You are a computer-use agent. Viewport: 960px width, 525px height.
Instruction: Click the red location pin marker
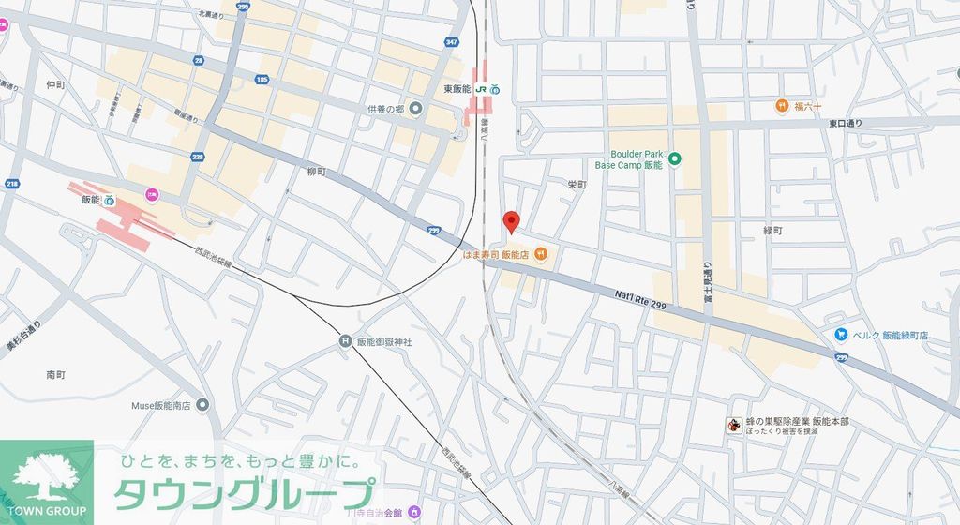[x=511, y=222]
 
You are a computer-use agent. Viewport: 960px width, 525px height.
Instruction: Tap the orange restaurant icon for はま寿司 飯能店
[x=541, y=254]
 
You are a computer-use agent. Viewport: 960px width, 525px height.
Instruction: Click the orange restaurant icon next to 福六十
[x=781, y=106]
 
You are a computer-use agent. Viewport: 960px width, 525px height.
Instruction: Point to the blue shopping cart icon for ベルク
[x=842, y=335]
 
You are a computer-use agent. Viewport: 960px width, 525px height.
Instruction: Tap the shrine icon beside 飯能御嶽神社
[x=345, y=342]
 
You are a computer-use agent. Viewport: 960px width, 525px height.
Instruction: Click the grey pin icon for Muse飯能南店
[x=202, y=405]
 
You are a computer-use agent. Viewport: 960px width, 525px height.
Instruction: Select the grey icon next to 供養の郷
[x=416, y=110]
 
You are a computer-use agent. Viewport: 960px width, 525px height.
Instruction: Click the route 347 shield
[x=452, y=42]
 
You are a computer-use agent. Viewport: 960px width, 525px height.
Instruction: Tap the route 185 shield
[x=262, y=80]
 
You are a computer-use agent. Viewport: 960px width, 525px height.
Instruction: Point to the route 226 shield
[x=198, y=157]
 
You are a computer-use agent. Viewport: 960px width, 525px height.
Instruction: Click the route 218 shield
[x=11, y=184]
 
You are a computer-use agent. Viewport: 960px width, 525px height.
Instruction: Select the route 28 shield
[x=198, y=60]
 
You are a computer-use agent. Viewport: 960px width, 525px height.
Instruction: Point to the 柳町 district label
[x=317, y=172]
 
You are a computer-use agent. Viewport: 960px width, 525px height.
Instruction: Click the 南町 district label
[x=55, y=374]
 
